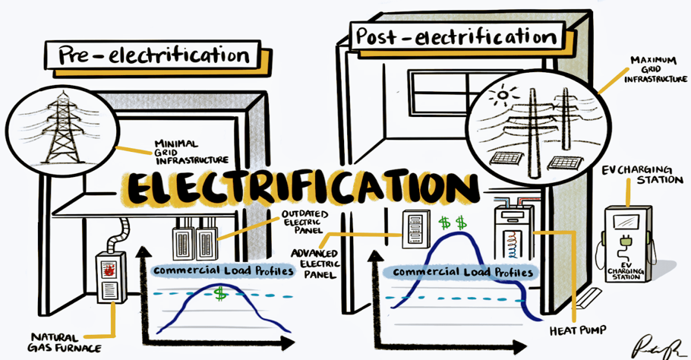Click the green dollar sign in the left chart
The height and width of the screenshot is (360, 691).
[x=221, y=293]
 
